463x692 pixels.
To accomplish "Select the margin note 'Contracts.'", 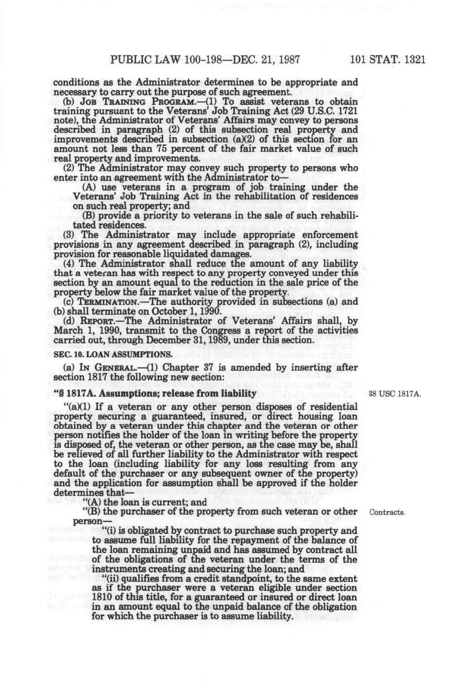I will (x=388, y=512).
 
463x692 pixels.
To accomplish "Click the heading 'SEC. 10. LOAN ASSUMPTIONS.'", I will (x=112, y=354).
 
